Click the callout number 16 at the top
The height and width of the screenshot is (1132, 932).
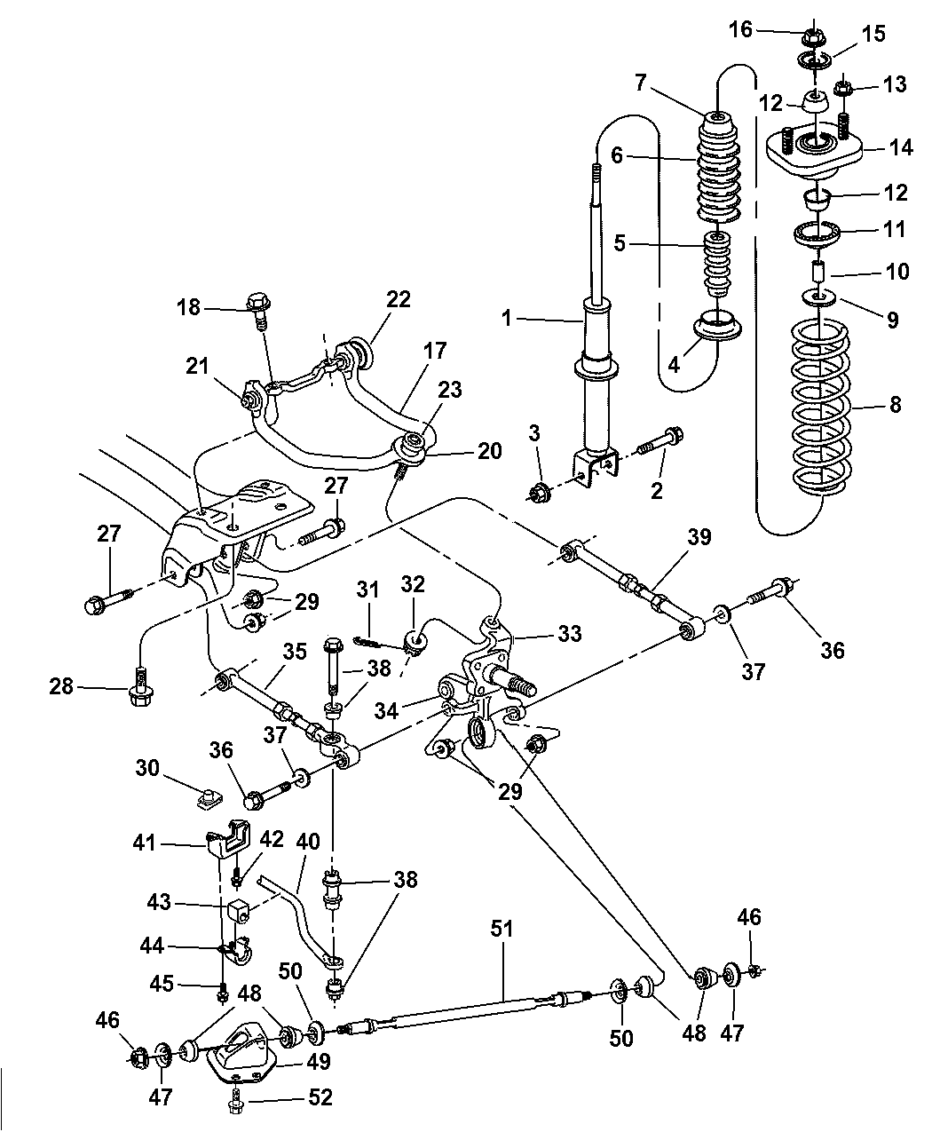[740, 30]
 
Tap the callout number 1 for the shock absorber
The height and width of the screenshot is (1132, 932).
[507, 318]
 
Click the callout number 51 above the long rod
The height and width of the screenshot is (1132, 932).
[503, 929]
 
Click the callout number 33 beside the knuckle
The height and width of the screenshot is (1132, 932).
[569, 633]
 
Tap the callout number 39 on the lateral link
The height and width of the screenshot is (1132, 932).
[700, 538]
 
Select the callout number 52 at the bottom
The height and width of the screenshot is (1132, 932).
[320, 1097]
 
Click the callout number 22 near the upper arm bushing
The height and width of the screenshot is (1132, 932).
[399, 299]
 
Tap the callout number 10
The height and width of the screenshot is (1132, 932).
[897, 271]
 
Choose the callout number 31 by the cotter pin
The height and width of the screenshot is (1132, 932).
[367, 590]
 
